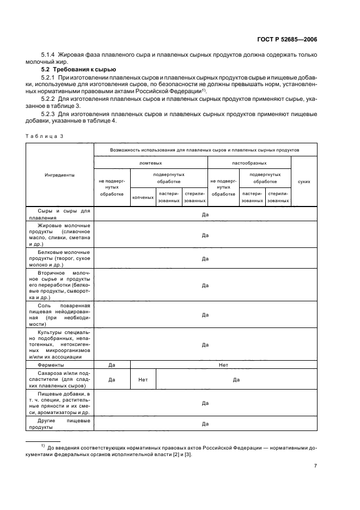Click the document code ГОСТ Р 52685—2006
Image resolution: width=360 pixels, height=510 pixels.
tap(288, 39)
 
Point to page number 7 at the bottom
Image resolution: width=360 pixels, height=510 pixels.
tap(315, 466)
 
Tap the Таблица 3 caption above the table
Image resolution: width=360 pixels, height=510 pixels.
tap(44, 137)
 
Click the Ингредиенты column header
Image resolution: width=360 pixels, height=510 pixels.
tap(59, 175)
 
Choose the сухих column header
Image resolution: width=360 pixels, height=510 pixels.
tap(304, 181)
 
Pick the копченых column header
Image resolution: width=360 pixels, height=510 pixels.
tap(143, 197)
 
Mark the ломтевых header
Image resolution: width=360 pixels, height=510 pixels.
tap(150, 162)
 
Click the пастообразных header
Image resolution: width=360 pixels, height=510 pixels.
tap(249, 162)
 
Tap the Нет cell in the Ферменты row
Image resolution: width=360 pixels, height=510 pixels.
tap(223, 365)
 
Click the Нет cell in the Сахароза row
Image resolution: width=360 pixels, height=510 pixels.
tap(143, 380)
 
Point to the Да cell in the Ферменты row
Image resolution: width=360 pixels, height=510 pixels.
tap(112, 365)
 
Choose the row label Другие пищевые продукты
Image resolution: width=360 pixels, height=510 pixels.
tap(59, 424)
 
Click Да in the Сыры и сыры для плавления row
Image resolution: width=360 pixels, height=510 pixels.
tap(205, 214)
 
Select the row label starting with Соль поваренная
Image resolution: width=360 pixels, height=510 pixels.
tap(59, 315)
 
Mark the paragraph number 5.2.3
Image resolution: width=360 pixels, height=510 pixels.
tap(49, 114)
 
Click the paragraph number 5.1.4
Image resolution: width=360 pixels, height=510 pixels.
tap(49, 55)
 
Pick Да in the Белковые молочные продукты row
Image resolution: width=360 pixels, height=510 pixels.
tap(205, 258)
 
